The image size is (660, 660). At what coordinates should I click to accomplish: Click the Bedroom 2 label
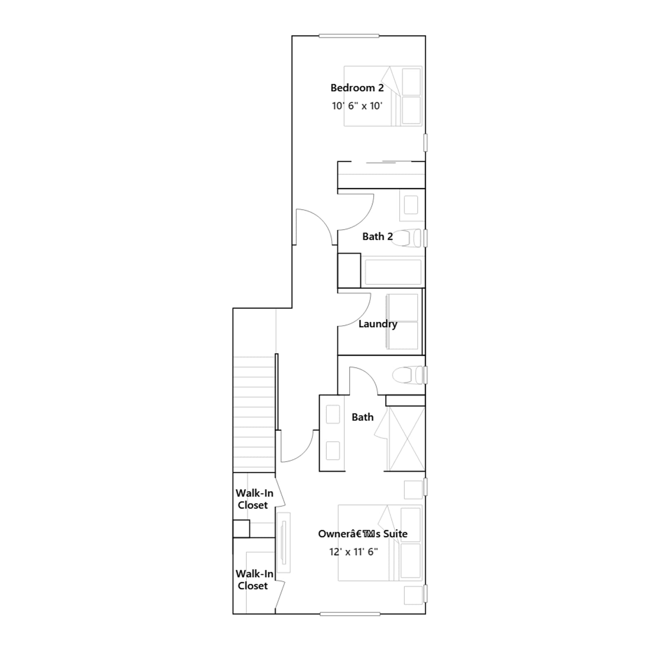(x=357, y=88)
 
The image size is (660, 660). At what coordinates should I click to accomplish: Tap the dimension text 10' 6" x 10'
(x=357, y=106)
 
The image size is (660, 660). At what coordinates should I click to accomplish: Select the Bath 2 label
(x=377, y=236)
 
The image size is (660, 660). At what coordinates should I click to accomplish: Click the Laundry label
(x=377, y=324)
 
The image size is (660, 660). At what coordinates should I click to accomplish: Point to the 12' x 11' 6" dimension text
(x=354, y=552)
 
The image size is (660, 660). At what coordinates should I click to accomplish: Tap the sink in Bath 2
(x=411, y=205)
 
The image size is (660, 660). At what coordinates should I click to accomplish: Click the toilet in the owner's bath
(x=407, y=375)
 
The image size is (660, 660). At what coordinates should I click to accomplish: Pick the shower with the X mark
(x=406, y=438)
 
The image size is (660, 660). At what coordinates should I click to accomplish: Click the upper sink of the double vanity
(x=333, y=415)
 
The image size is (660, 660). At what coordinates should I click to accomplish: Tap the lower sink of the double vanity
(x=333, y=450)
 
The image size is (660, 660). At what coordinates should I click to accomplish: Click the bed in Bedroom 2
(x=383, y=96)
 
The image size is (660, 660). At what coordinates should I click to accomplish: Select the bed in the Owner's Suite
(x=380, y=543)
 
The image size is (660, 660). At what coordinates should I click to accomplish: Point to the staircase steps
(x=254, y=415)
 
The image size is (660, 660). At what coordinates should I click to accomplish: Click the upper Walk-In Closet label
(x=254, y=499)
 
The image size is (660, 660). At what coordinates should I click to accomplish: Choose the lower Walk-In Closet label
(x=254, y=580)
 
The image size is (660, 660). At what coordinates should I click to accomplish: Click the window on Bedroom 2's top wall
(x=349, y=36)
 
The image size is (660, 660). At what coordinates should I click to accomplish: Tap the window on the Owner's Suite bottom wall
(x=350, y=614)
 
